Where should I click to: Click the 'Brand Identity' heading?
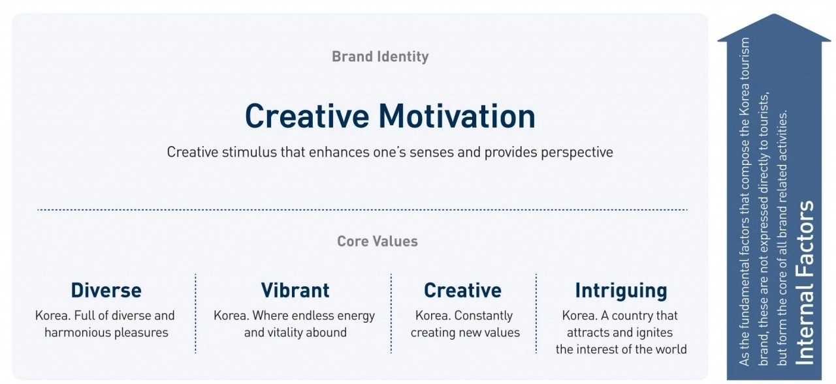380,57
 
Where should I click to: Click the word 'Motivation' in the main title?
457,116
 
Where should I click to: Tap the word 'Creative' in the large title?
307,116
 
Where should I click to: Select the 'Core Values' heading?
378,241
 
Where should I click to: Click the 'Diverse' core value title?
106,291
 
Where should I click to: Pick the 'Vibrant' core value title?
295,291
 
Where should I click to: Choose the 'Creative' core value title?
462,291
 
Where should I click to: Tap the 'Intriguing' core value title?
621,291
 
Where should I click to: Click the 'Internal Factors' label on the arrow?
805,283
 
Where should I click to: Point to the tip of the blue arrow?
774,14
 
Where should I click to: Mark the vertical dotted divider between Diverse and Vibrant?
195,314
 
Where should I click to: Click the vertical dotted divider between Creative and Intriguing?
536,314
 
